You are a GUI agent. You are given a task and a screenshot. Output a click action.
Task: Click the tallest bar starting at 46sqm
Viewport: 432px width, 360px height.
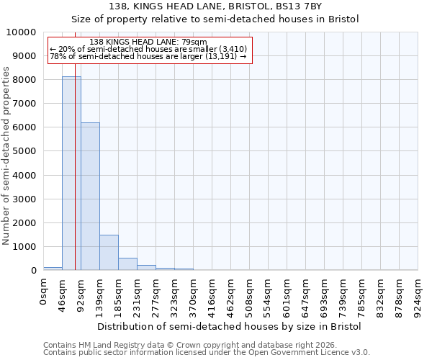coord(71,173)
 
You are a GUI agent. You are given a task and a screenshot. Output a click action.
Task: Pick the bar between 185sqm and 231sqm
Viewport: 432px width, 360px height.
coord(127,264)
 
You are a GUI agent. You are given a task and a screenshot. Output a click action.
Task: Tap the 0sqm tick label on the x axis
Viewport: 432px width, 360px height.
coord(44,292)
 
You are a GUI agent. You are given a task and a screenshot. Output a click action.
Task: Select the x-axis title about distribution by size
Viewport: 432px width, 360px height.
coord(229,326)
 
